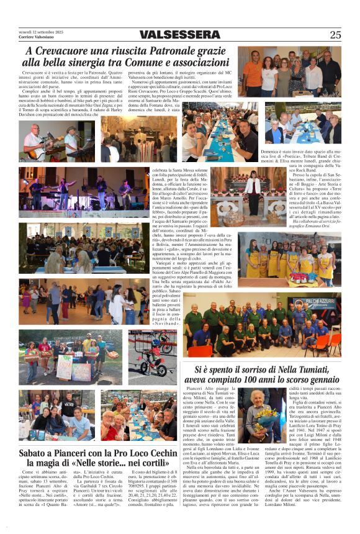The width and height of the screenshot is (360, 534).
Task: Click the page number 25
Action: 335,35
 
